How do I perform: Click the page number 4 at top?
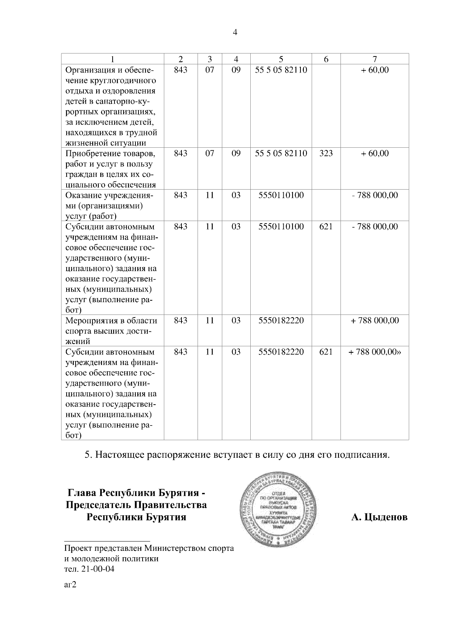(x=235, y=33)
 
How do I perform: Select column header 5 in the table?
(x=281, y=59)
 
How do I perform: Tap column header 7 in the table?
(x=375, y=59)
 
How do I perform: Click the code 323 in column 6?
(x=326, y=153)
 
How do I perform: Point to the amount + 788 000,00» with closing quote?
(x=375, y=352)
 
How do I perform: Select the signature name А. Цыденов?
(x=379, y=518)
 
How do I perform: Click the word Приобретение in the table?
(x=91, y=154)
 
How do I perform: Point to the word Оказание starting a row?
(x=82, y=195)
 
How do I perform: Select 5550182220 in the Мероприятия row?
(x=281, y=320)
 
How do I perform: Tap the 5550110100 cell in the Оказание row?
(x=281, y=195)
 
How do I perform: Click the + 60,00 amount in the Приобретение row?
(x=375, y=153)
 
